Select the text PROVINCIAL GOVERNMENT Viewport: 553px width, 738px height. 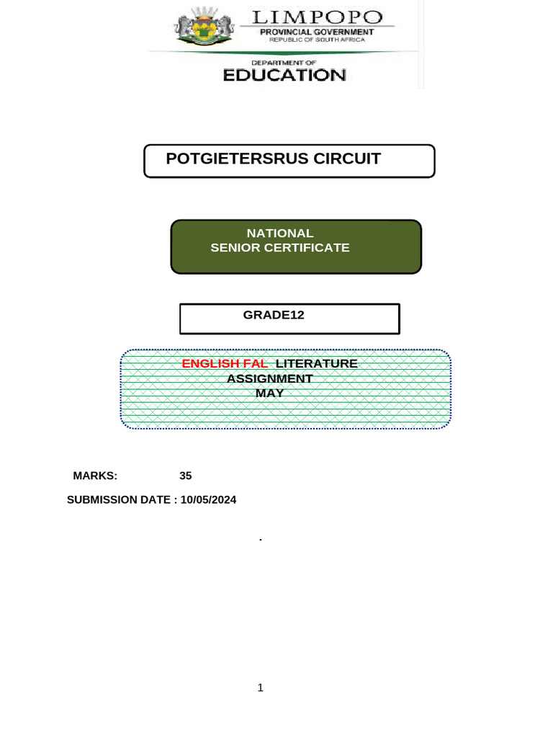click(x=317, y=32)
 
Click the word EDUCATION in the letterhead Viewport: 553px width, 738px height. click(x=284, y=75)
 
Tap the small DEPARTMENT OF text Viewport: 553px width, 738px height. click(x=284, y=63)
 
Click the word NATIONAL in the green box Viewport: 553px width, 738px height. click(x=280, y=234)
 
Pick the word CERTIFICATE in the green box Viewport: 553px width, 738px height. click(x=305, y=248)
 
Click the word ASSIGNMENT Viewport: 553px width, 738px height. click(x=270, y=379)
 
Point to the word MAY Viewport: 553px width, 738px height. click(x=270, y=394)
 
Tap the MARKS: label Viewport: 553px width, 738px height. click(x=95, y=476)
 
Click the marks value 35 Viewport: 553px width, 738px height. click(x=186, y=476)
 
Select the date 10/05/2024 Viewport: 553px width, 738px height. click(x=209, y=499)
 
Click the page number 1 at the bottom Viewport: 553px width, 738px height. click(x=261, y=688)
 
